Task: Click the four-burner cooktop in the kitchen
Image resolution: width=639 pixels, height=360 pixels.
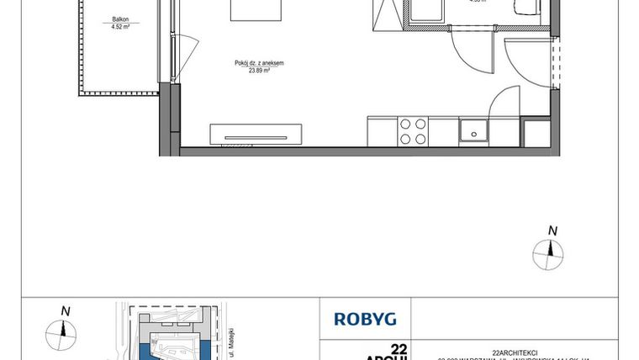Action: [412, 131]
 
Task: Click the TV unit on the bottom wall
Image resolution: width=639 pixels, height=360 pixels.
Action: [256, 133]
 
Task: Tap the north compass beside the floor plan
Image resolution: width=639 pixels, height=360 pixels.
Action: [552, 248]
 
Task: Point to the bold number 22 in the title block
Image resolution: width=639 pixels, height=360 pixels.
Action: [399, 348]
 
